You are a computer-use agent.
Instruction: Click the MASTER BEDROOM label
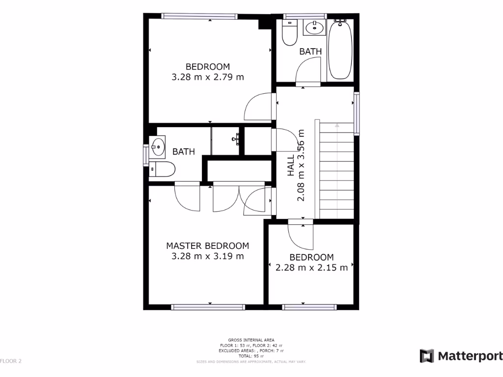207,246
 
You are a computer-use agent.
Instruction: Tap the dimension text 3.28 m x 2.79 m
207,77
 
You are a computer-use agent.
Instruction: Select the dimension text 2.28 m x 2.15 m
311,268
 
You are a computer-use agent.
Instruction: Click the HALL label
291,165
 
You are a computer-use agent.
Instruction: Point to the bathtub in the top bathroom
340,49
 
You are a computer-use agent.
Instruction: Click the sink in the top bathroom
314,28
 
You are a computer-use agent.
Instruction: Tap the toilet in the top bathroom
289,32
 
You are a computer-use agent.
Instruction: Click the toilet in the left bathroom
163,169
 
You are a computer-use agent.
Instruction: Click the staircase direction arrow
337,126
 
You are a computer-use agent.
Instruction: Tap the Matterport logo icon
426,356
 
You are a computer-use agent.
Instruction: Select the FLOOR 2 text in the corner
11,361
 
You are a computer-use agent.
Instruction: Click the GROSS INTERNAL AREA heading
251,340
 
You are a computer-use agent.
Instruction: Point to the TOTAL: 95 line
251,356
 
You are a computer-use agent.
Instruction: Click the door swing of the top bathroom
309,71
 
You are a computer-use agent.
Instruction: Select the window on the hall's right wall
357,113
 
